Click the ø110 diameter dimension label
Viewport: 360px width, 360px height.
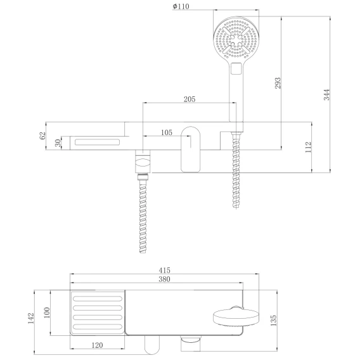[x=181, y=6]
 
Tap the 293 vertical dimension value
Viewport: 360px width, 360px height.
[x=278, y=83]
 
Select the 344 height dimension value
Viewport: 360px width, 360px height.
[x=326, y=94]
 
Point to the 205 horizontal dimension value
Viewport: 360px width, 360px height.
[x=190, y=99]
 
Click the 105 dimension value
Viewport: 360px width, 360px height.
[x=167, y=132]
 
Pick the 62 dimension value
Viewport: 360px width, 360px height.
[x=42, y=136]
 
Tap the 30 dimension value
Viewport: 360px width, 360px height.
[x=58, y=143]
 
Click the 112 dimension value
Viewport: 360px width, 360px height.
[x=308, y=147]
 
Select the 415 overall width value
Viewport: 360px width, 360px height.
[x=164, y=270]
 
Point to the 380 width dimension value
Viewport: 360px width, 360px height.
[x=164, y=279]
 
